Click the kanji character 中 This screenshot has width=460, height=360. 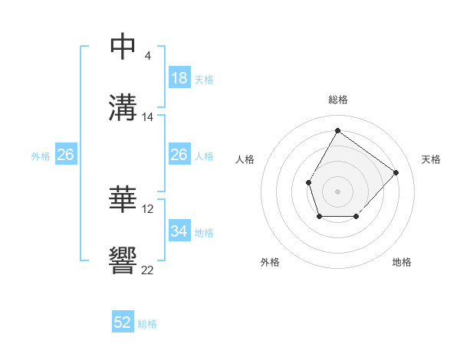tap(123, 47)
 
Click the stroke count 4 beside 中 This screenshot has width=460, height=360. tap(148, 56)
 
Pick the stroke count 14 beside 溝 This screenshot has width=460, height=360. tap(148, 117)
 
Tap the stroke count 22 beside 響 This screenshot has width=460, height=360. tap(148, 270)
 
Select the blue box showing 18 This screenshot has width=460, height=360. tap(179, 78)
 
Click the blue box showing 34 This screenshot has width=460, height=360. tap(179, 231)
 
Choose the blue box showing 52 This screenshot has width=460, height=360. tap(123, 322)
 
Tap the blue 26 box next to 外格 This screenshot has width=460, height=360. tap(66, 155)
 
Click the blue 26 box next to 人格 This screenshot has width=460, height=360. tap(179, 155)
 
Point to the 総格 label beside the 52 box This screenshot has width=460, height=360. tap(147, 324)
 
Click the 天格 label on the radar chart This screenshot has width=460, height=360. tap(431, 159)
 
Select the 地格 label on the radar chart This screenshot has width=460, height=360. tap(402, 262)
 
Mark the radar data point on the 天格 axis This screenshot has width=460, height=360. tap(396, 172)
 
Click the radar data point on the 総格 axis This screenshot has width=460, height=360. tap(337, 130)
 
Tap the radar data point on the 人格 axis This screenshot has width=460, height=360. tap(308, 182)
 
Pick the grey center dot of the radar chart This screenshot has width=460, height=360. tap(337, 191)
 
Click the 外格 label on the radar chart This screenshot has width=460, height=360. tap(270, 262)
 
